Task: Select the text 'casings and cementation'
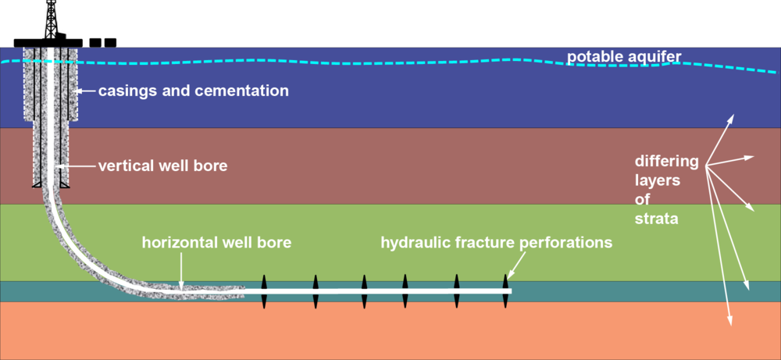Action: point(194,91)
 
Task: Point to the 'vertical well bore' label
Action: point(162,166)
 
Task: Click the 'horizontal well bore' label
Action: point(216,242)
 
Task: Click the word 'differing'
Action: point(666,162)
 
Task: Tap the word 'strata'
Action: point(655,220)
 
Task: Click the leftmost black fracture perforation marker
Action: point(264,290)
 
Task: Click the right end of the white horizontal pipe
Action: point(509,291)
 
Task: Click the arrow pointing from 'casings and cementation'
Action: point(86,91)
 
